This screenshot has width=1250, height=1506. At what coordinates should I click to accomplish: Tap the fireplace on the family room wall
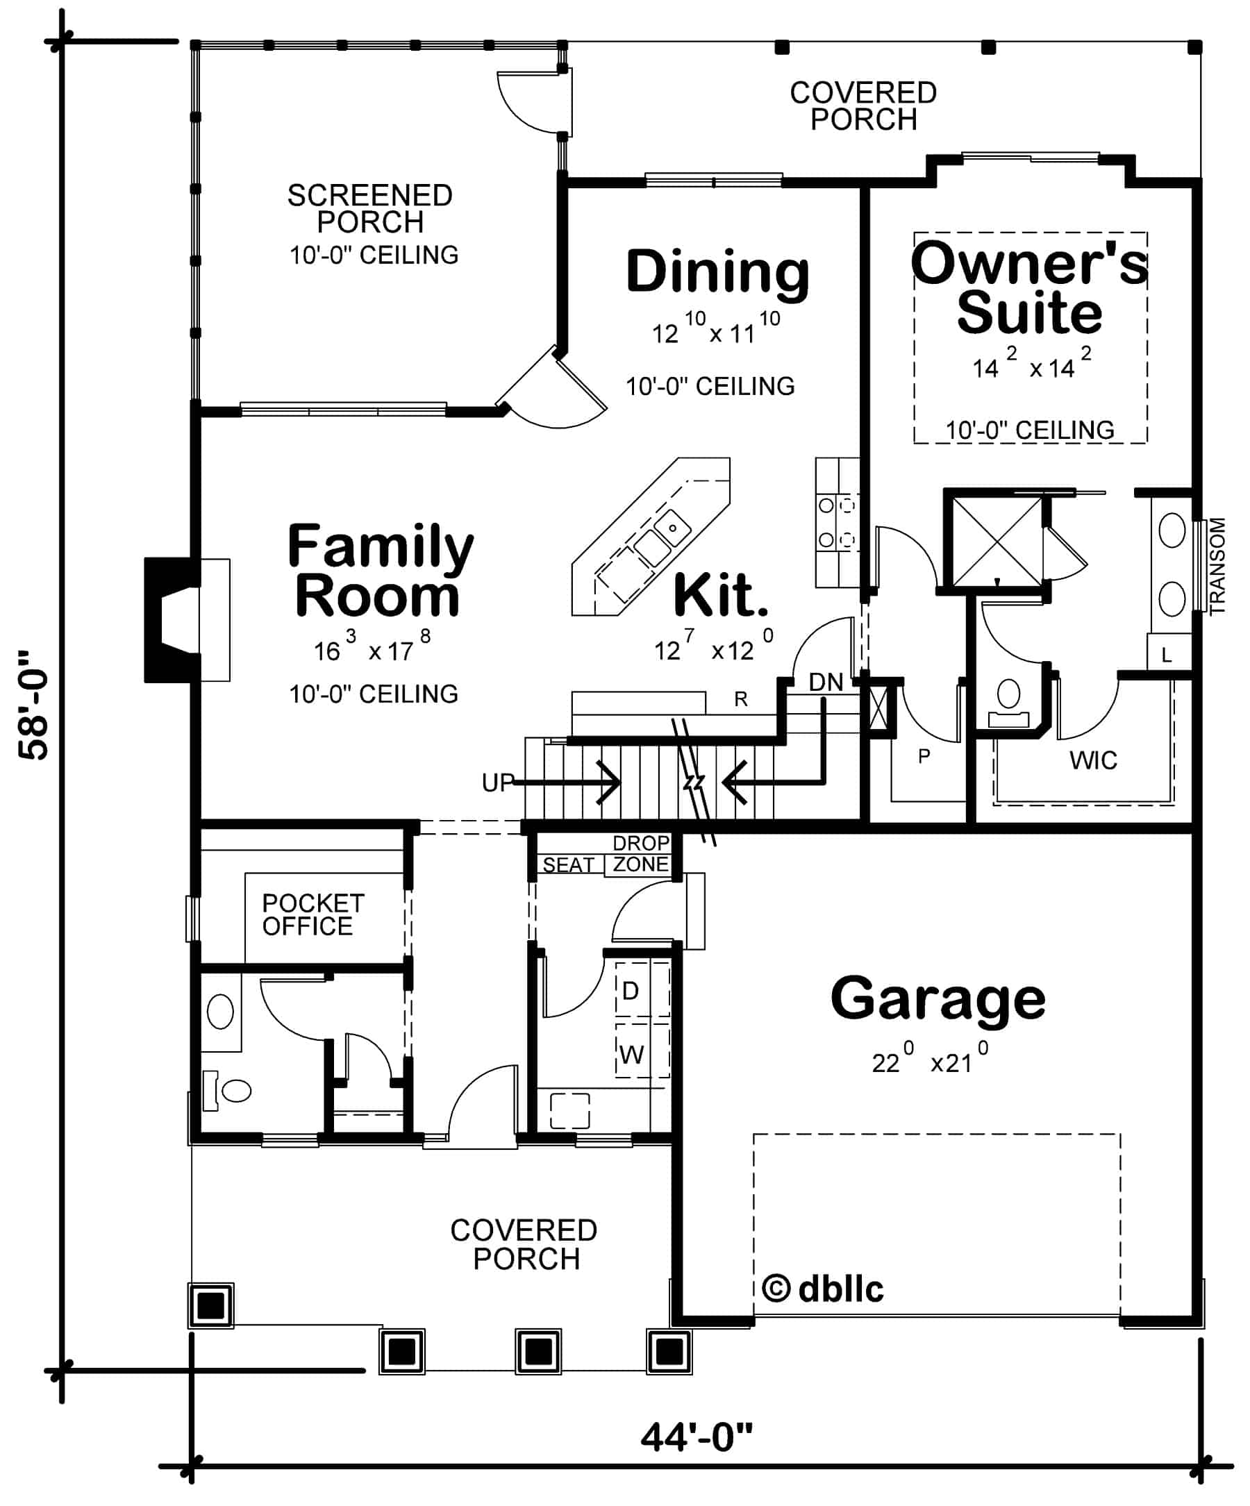(172, 619)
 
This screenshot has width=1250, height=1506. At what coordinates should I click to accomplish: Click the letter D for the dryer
(630, 991)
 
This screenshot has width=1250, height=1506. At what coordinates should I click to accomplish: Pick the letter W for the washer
(631, 1055)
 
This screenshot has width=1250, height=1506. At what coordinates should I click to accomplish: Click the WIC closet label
(1092, 760)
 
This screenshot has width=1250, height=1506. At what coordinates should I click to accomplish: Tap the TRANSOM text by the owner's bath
(1217, 566)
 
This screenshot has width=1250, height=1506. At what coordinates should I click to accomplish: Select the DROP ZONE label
(640, 853)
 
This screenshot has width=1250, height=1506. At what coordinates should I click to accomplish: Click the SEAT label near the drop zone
(568, 865)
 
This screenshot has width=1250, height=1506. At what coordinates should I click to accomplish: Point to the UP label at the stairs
(498, 783)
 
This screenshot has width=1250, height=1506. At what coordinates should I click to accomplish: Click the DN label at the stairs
(826, 682)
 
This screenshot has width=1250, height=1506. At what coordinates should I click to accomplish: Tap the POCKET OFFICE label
(312, 914)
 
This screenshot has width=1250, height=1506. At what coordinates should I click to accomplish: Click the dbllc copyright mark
(823, 1289)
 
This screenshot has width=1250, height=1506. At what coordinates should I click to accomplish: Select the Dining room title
(717, 272)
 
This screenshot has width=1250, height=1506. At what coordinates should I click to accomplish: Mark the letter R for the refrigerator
(740, 699)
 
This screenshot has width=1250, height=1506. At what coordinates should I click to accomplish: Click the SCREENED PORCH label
(369, 209)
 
